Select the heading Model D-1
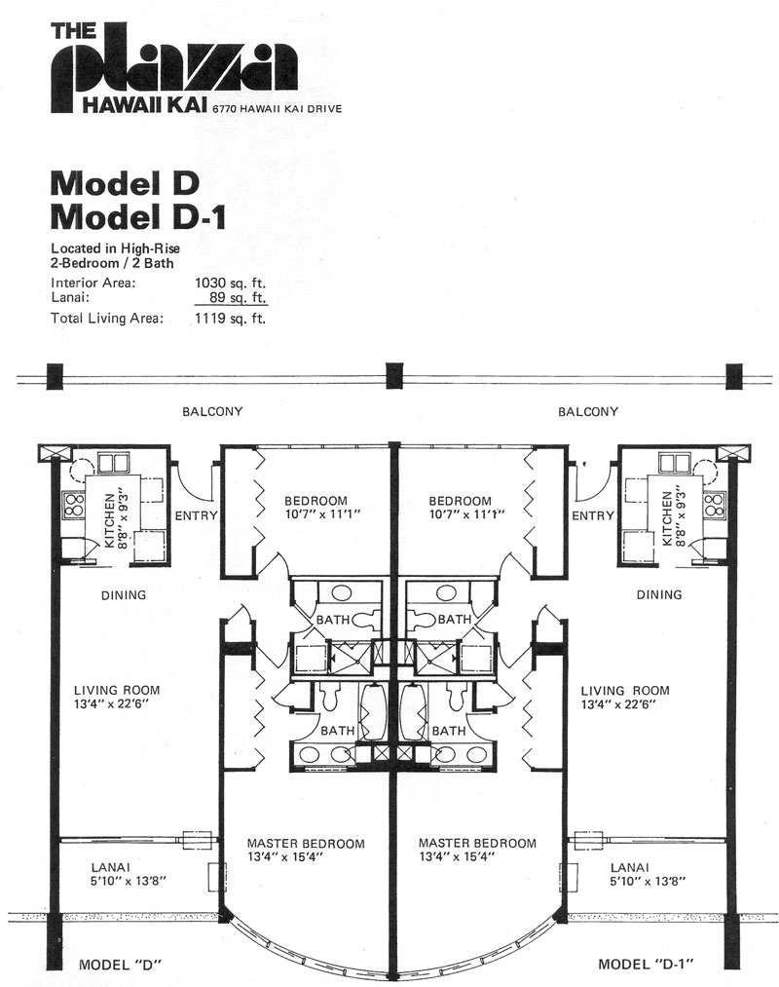pos(138,218)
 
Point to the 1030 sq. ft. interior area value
pos(231,283)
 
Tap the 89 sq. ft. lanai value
pos(238,297)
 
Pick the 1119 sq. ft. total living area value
pos(231,318)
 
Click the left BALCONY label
pos(212,412)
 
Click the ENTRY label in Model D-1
pos(593,515)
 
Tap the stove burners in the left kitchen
pos(74,506)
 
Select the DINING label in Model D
pos(124,595)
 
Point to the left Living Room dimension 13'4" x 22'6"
pos(111,703)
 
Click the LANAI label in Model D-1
pos(629,867)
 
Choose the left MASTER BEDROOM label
pos(306,844)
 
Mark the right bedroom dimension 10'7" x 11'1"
pos(466,514)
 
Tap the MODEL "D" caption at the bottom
pos(121,965)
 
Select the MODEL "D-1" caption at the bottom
pos(646,964)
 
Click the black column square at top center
pos(394,376)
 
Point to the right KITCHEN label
pos(666,519)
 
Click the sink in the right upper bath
pos(446,592)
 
